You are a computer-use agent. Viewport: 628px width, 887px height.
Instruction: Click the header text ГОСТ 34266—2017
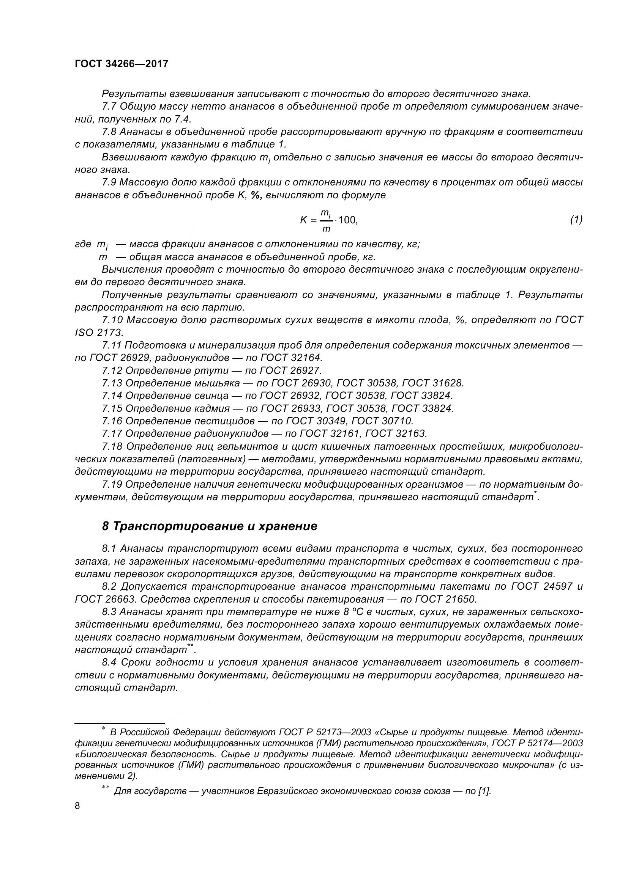pos(122,64)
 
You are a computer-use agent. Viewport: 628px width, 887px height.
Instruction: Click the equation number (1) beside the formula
pos(576,220)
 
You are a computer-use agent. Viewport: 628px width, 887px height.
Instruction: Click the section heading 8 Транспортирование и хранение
pos(210,527)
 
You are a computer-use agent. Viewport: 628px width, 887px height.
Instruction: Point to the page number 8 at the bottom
pos(77,806)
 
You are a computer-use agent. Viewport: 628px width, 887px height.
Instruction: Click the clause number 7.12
pos(112,371)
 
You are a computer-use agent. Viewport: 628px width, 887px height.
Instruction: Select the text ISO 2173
pos(99,333)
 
